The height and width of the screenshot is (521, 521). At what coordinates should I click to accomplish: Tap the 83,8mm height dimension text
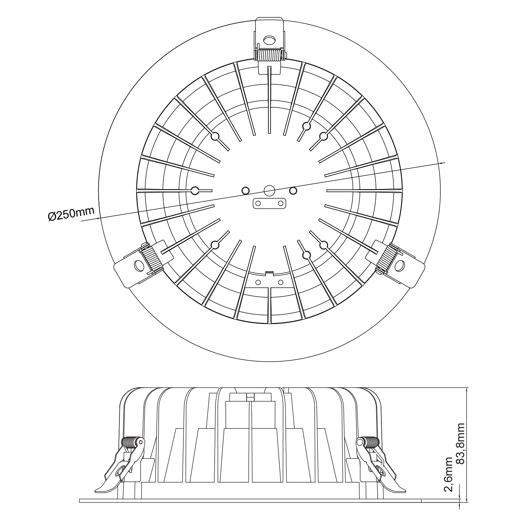click(461, 443)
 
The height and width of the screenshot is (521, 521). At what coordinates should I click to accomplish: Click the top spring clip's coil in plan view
click(270, 55)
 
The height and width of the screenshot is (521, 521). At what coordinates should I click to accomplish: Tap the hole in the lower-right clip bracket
click(400, 266)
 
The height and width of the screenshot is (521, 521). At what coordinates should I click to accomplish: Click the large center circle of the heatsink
click(269, 190)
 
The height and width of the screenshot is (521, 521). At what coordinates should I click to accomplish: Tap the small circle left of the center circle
click(246, 190)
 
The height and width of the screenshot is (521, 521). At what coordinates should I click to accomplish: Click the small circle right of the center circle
click(293, 190)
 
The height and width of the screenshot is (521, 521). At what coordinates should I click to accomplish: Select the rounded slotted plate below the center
click(269, 203)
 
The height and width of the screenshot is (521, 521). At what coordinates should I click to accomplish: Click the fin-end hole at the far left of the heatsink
click(195, 190)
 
